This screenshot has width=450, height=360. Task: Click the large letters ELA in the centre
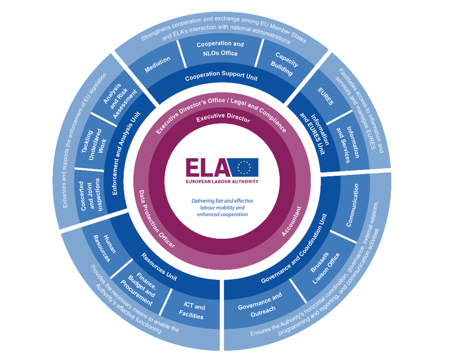[208, 168]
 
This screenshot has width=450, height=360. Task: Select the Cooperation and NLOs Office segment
[220, 49]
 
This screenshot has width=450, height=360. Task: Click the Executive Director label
[223, 119]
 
